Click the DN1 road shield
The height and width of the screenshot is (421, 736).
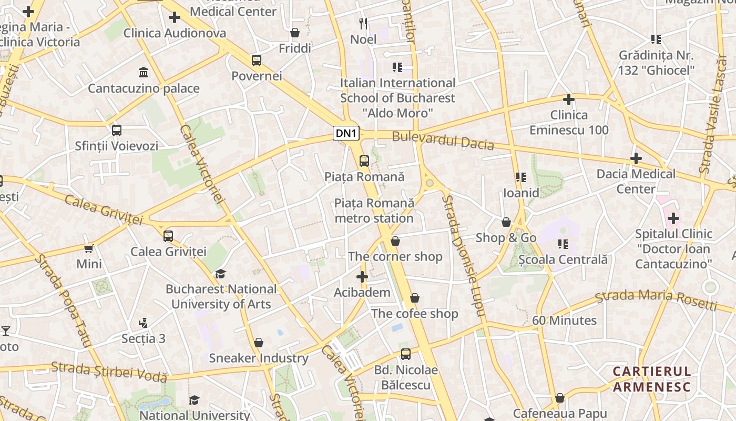tap(346, 133)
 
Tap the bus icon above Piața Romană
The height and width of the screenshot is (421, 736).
tap(364, 161)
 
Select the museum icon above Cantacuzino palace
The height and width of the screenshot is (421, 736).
tap(143, 72)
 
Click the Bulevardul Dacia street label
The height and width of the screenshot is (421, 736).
tap(443, 141)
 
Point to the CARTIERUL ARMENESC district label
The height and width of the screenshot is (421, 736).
tap(651, 379)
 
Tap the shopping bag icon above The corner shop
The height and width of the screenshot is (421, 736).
tap(395, 241)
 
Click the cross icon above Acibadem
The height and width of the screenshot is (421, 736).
tap(362, 276)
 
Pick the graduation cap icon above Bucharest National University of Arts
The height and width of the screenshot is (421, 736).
tap(221, 274)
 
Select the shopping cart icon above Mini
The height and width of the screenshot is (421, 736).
tap(89, 248)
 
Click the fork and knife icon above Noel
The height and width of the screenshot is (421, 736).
tap(363, 23)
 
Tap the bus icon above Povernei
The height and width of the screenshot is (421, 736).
tap(257, 60)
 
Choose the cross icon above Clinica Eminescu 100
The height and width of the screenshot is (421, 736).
tap(568, 99)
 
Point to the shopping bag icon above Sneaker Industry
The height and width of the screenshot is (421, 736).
tap(258, 343)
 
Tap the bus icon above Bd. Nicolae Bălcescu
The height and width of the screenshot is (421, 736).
tap(405, 354)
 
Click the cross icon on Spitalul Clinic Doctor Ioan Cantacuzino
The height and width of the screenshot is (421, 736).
tap(673, 218)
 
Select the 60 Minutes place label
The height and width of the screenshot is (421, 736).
tap(564, 320)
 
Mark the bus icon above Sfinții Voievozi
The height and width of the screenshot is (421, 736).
tap(117, 130)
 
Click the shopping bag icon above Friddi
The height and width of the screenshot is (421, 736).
tap(295, 33)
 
